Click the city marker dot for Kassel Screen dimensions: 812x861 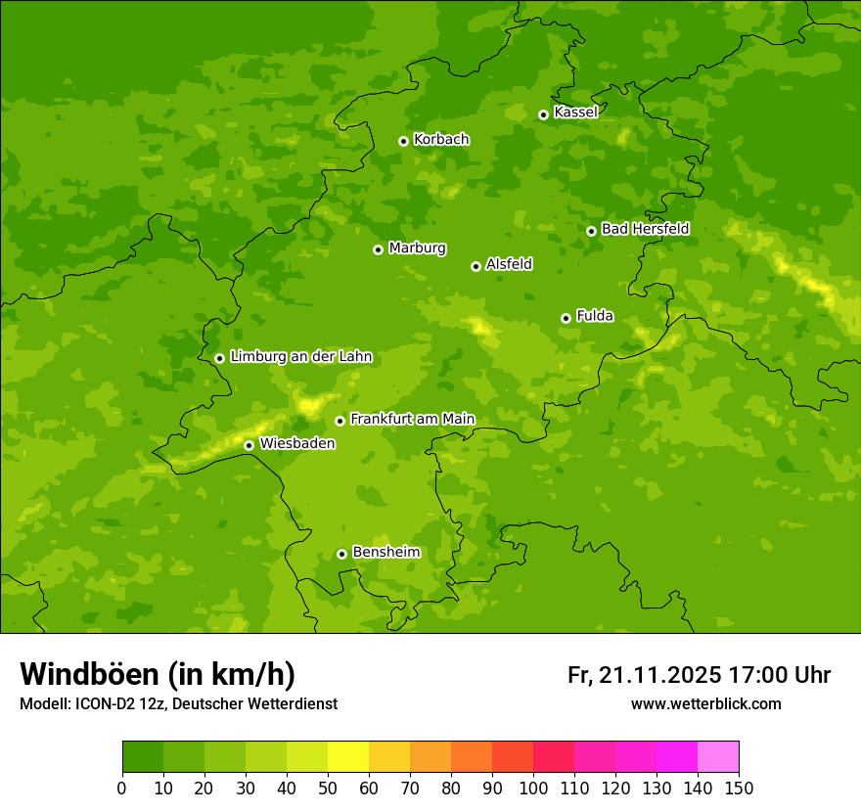pyautogui.click(x=543, y=114)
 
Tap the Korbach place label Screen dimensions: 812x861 pyautogui.click(x=441, y=140)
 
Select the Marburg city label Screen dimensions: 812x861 pyautogui.click(x=417, y=248)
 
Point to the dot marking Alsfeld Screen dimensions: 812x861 pyautogui.click(x=476, y=266)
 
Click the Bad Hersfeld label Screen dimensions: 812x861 pyautogui.click(x=645, y=230)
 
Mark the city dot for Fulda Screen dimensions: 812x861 pyautogui.click(x=566, y=318)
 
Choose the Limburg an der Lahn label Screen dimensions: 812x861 pyautogui.click(x=301, y=357)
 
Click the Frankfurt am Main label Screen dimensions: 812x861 pyautogui.click(x=412, y=420)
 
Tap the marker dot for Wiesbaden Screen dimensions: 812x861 pyautogui.click(x=249, y=445)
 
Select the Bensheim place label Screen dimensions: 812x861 pyautogui.click(x=385, y=553)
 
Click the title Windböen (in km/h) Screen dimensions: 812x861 pyautogui.click(x=158, y=674)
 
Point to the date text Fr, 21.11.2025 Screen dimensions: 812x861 pyautogui.click(x=645, y=675)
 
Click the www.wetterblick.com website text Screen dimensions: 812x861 pyautogui.click(x=705, y=704)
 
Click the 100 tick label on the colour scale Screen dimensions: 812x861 pyautogui.click(x=533, y=788)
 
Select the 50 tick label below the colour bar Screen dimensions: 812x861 pyautogui.click(x=328, y=788)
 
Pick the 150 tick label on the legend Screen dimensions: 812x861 pyautogui.click(x=739, y=788)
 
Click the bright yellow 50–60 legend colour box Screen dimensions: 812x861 pyautogui.click(x=348, y=757)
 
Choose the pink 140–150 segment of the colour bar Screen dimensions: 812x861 pyautogui.click(x=718, y=757)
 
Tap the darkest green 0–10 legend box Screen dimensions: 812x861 pyautogui.click(x=143, y=757)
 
